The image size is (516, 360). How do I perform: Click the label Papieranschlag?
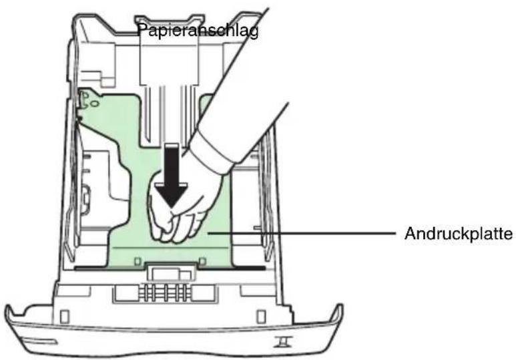pyautogui.click(x=198, y=31)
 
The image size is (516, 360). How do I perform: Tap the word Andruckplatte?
pyautogui.click(x=459, y=234)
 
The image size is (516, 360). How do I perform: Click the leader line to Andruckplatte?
pyautogui.click(x=301, y=234)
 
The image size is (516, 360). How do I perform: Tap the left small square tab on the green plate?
pyautogui.click(x=138, y=262)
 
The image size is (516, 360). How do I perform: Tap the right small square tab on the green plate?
pyautogui.click(x=203, y=262)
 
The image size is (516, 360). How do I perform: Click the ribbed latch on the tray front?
pyautogui.click(x=165, y=293)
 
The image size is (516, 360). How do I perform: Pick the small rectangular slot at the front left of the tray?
pyautogui.click(x=65, y=317)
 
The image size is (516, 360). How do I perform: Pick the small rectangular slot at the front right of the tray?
pyautogui.click(x=261, y=317)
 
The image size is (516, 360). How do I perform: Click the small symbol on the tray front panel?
pyautogui.click(x=282, y=342)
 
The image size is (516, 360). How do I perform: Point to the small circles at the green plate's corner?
pyautogui.click(x=89, y=100)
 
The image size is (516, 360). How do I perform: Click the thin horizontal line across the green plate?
pyautogui.click(x=170, y=246)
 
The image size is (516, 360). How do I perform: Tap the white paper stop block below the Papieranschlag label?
pyautogui.click(x=169, y=59)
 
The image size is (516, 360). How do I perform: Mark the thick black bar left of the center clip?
pyautogui.click(x=111, y=268)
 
